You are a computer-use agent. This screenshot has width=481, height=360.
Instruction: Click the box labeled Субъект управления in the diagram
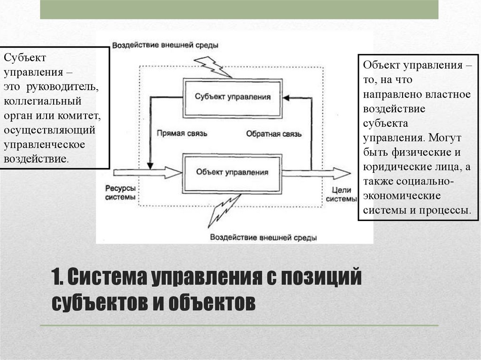[233, 96]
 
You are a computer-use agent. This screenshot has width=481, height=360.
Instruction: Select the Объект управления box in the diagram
[233, 172]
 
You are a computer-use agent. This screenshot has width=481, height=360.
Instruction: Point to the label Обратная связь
[273, 133]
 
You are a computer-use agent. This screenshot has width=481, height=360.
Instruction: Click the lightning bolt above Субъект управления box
[212, 66]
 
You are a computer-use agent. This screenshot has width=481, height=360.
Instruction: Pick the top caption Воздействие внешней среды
[164, 45]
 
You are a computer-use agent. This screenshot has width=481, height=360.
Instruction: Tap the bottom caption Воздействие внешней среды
[263, 237]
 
